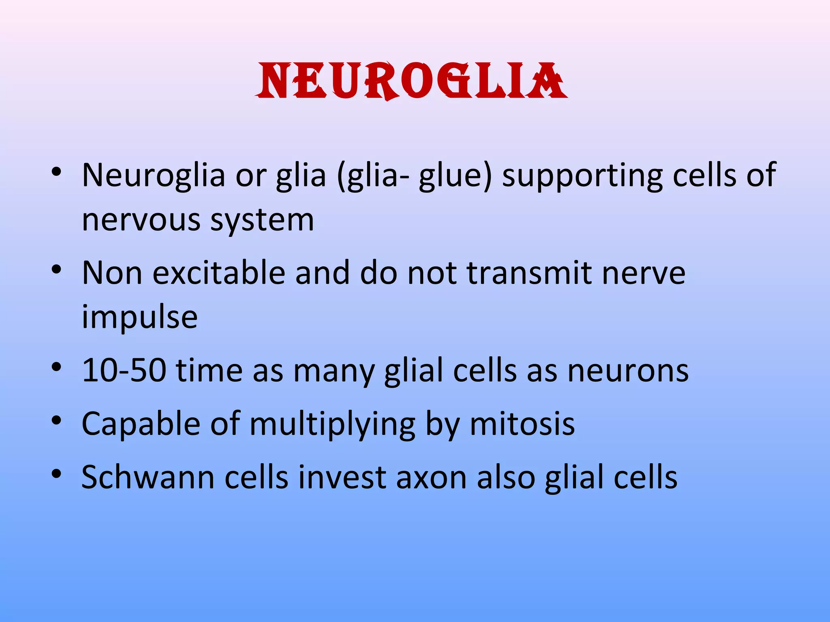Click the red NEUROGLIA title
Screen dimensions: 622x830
coord(411,81)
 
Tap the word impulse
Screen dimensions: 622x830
coord(140,317)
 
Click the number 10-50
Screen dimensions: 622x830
coord(124,370)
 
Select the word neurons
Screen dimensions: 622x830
coord(628,370)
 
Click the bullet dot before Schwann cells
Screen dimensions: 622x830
coord(56,473)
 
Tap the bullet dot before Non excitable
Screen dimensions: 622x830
coord(56,269)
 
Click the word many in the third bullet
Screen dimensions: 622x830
coord(334,370)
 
